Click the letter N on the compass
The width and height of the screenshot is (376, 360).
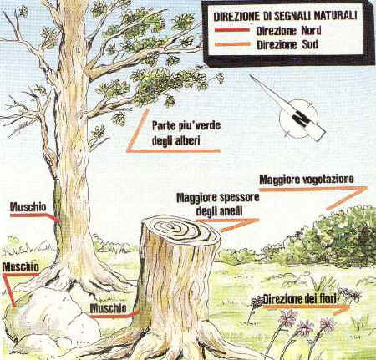[x=302, y=119]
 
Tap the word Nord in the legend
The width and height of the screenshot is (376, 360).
[x=311, y=31]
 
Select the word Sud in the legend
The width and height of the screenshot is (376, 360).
[x=310, y=44]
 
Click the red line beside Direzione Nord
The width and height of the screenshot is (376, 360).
[x=232, y=30]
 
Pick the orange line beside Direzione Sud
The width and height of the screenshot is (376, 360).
[x=232, y=44]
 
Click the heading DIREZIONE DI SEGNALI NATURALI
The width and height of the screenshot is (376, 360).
[x=285, y=16]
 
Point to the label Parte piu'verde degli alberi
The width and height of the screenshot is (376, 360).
[x=186, y=133]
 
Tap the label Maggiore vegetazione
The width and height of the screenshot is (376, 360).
[x=307, y=180]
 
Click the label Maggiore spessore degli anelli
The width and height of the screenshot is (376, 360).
[x=218, y=205]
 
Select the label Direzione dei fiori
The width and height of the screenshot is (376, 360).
[x=300, y=299]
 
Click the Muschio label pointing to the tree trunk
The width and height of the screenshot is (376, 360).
[x=28, y=207]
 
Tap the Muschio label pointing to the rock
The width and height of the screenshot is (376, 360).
[x=20, y=267]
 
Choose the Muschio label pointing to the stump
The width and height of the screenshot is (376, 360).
[x=108, y=308]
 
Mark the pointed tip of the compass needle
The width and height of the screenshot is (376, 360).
[x=251, y=75]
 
